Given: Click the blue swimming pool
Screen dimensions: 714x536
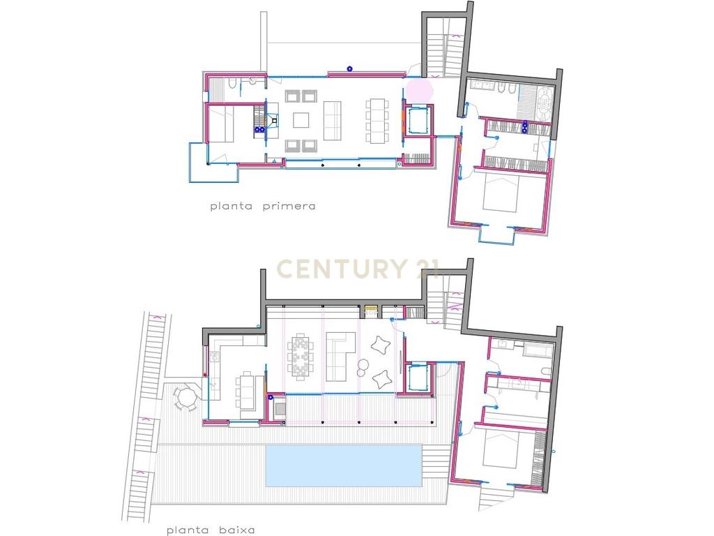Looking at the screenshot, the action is [x=344, y=466].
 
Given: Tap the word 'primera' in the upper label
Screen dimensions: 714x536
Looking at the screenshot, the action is [x=289, y=206].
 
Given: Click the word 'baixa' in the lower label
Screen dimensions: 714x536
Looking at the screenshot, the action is [x=236, y=530].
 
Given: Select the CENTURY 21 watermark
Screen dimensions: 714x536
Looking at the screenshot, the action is [x=358, y=269].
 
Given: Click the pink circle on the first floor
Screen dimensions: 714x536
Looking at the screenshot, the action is [x=419, y=90].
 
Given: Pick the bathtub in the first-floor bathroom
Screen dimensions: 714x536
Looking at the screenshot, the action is [x=545, y=105].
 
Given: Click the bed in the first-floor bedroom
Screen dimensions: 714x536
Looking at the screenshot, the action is [x=501, y=194].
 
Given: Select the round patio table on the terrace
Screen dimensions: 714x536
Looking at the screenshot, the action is [x=185, y=399].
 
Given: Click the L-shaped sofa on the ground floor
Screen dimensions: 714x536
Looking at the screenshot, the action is [x=340, y=357].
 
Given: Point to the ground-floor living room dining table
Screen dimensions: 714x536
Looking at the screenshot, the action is [x=300, y=357].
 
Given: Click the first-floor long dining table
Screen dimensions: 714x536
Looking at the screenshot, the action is [x=377, y=121].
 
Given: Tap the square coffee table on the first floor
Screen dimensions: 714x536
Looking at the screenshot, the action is [x=301, y=120].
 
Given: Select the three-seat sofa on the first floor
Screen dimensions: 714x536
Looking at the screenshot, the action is [x=333, y=121].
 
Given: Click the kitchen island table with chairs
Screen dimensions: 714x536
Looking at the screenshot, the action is [x=246, y=391].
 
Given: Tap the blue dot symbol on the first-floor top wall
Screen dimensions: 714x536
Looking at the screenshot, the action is [x=350, y=69].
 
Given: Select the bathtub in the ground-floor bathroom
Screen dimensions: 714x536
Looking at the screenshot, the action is [x=538, y=350].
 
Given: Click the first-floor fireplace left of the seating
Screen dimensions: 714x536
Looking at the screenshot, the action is [x=273, y=121].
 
